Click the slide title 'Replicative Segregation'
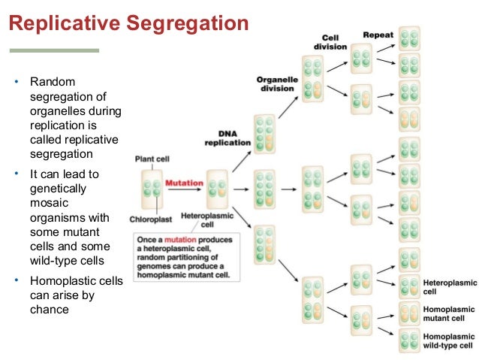[x=128, y=24]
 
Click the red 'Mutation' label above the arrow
[x=184, y=183]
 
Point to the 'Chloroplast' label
[x=153, y=220]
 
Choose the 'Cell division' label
[x=330, y=42]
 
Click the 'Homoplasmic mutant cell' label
[x=449, y=313]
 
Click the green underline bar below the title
[x=53, y=50]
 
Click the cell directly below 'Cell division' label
[x=361, y=59]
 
